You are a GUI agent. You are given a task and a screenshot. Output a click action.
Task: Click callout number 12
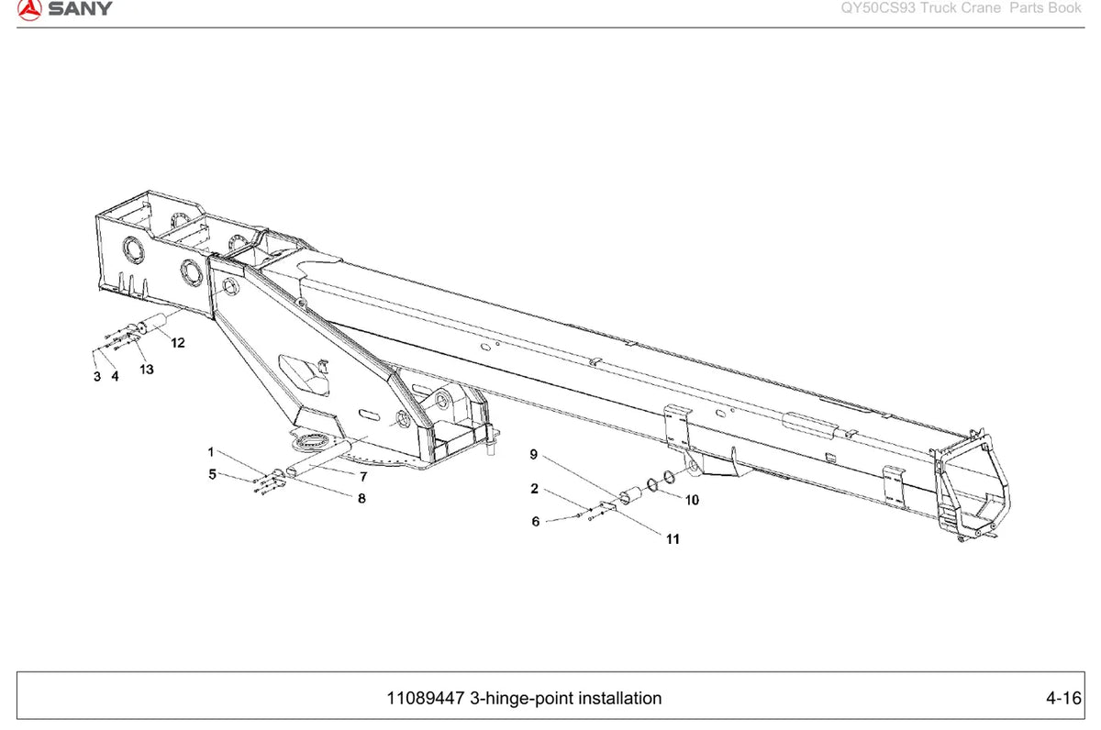tap(178, 343)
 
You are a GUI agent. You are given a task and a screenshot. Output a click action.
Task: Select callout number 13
tap(147, 370)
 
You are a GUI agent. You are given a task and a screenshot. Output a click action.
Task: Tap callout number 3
tap(97, 377)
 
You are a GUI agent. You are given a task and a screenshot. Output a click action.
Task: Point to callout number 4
tap(115, 376)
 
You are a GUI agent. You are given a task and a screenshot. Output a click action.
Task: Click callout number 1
tap(211, 452)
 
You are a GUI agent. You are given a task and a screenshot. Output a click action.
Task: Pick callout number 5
tap(212, 474)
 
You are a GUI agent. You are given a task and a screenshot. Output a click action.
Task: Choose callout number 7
tap(363, 477)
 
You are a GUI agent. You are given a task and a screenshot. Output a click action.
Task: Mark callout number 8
tap(361, 499)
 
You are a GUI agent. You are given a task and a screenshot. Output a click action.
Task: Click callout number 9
tap(534, 454)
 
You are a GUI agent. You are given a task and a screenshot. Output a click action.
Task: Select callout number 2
tap(535, 489)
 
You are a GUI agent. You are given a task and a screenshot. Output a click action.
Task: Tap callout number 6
tap(536, 521)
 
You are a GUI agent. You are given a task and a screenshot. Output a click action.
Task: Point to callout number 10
tap(692, 500)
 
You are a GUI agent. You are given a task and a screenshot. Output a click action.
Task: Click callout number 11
tap(673, 539)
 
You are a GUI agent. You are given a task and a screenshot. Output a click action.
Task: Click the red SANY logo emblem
tap(29, 9)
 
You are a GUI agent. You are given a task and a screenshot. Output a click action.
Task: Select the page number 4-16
tap(1063, 698)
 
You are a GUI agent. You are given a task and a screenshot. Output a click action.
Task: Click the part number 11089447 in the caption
tap(426, 698)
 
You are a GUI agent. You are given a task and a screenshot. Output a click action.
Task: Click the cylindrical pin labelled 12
tap(152, 323)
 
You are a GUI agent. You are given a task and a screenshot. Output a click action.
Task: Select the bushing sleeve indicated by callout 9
tap(631, 494)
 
